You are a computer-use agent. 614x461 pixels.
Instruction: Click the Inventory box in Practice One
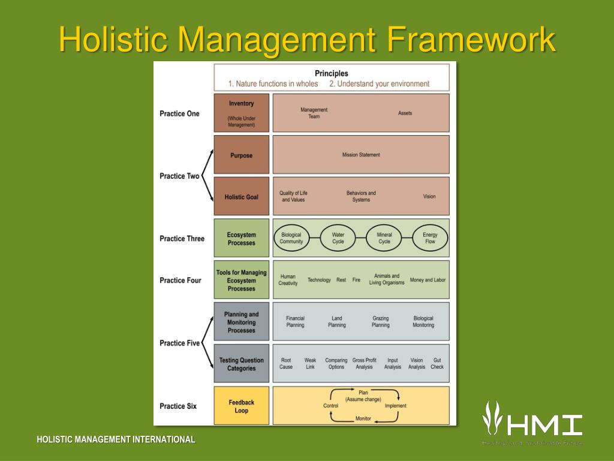click(242, 113)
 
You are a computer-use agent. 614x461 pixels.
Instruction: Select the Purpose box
click(242, 155)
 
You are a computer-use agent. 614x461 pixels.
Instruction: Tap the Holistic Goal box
click(242, 197)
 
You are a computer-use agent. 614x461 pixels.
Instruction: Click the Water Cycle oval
click(338, 238)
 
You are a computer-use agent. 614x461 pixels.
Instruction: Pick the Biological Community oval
click(291, 238)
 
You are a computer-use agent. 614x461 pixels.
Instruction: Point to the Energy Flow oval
click(430, 238)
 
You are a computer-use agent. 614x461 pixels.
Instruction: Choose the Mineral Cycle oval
click(384, 238)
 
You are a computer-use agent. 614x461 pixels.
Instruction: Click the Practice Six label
click(178, 406)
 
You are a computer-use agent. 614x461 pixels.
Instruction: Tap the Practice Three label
click(182, 238)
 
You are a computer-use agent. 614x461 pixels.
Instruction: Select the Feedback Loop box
click(242, 406)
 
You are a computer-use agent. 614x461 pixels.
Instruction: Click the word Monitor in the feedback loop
click(363, 418)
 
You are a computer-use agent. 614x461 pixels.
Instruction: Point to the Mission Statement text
click(361, 155)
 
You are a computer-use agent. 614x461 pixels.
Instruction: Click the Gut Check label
click(437, 364)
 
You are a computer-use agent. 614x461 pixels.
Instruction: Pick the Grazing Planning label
click(380, 322)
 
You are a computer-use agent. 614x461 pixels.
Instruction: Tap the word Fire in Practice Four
click(356, 280)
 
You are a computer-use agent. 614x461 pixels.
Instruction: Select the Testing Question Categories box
click(242, 364)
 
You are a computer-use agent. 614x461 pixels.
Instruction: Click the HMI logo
click(532, 420)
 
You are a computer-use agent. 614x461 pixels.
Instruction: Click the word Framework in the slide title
click(470, 40)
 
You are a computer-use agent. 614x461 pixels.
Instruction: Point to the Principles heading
click(332, 73)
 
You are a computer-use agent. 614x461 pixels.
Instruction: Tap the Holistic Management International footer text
click(116, 439)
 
